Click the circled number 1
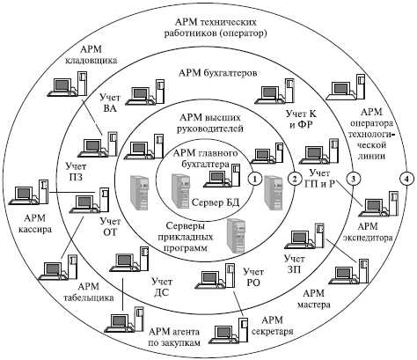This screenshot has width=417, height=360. (x=254, y=179)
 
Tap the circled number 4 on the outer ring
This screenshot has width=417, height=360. (x=406, y=179)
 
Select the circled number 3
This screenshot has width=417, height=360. (x=353, y=179)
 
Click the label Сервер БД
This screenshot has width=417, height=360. (x=216, y=202)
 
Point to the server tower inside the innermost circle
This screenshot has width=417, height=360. (x=180, y=191)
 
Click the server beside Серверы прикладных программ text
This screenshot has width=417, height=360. (x=236, y=236)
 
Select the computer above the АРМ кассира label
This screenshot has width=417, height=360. (x=28, y=192)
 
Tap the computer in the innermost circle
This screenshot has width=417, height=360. (x=222, y=175)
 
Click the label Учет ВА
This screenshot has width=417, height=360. (x=110, y=103)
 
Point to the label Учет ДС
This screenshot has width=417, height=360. (x=162, y=287)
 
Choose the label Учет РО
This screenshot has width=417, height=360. (x=253, y=277)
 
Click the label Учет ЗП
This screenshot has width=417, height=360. (x=295, y=264)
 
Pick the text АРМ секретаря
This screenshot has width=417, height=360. (x=273, y=326)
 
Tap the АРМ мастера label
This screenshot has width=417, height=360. (x=314, y=298)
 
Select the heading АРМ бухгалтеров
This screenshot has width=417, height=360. (x=217, y=73)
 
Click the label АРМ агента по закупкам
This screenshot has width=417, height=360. (x=174, y=337)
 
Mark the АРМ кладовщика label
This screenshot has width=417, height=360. (x=91, y=55)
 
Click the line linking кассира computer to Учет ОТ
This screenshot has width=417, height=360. (x=72, y=192)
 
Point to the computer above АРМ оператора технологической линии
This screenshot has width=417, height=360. (x=345, y=87)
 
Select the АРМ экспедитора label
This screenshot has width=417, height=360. (x=368, y=231)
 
